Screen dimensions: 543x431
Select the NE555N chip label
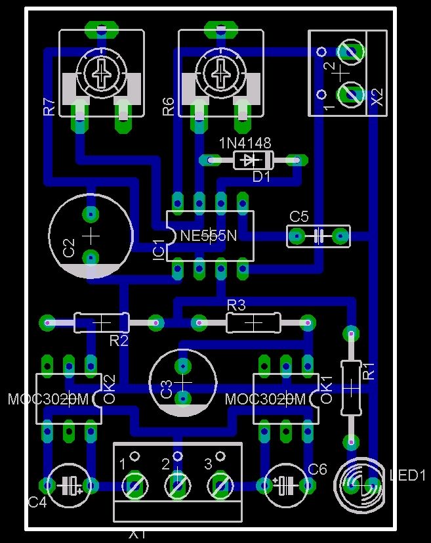(x=209, y=236)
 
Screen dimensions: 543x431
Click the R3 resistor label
(x=236, y=305)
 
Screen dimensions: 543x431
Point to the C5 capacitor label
(x=299, y=216)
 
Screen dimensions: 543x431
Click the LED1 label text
(x=407, y=475)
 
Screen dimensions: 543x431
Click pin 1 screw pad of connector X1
(x=134, y=487)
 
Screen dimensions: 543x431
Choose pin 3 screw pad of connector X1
(x=220, y=487)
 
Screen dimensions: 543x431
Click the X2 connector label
(x=377, y=98)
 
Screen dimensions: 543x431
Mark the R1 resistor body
(x=352, y=387)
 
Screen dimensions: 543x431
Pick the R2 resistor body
(x=102, y=322)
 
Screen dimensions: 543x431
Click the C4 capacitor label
(x=37, y=502)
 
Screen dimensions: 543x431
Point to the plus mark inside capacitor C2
(x=91, y=235)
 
